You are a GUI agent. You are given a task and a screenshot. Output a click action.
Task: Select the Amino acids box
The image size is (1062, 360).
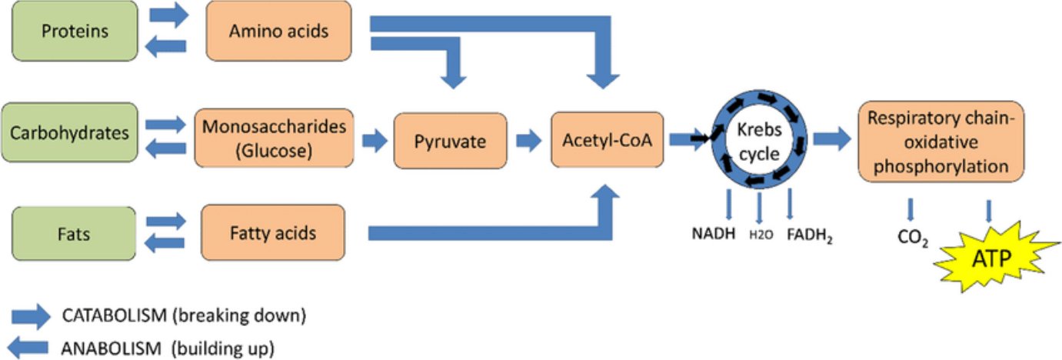pyautogui.click(x=278, y=32)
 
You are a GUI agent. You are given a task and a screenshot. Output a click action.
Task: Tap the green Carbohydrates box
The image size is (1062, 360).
pyautogui.click(x=69, y=132)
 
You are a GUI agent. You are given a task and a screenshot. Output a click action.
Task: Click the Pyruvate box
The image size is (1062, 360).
pyautogui.click(x=450, y=141)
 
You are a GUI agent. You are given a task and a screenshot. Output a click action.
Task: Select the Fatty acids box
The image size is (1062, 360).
pyautogui.click(x=272, y=233)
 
